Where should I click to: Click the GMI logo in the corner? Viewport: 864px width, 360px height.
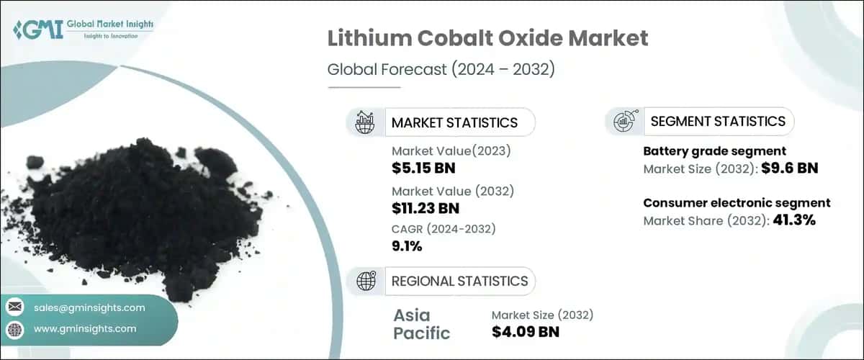click(x=83, y=28)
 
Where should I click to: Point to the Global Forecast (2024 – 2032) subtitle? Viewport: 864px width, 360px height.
click(x=441, y=70)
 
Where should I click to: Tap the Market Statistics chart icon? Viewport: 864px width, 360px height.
click(x=365, y=122)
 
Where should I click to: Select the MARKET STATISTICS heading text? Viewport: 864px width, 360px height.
click(x=454, y=122)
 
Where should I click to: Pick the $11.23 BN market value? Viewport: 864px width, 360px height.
click(x=426, y=209)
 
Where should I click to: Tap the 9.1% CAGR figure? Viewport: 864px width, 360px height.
click(x=407, y=246)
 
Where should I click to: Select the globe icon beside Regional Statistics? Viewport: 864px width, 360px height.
click(x=365, y=281)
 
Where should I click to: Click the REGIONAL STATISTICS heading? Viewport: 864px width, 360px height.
click(x=459, y=281)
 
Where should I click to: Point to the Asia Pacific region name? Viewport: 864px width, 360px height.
click(x=422, y=324)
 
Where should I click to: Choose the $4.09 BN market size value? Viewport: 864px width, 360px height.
click(x=526, y=332)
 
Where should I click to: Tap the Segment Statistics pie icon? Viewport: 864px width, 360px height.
click(x=624, y=122)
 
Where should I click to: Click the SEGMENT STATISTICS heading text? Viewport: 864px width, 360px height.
click(x=718, y=122)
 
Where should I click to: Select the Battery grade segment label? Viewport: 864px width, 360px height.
click(x=714, y=151)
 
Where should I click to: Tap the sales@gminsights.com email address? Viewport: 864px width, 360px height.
click(x=89, y=307)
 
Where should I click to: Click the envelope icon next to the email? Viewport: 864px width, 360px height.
click(x=15, y=307)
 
